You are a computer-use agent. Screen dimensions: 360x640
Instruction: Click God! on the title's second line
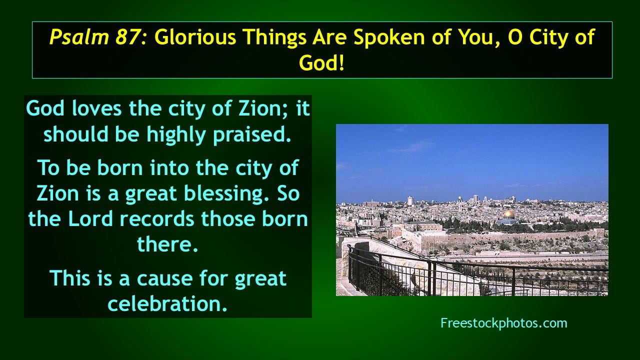pyautogui.click(x=322, y=63)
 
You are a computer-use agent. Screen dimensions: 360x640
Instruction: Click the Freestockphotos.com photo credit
pyautogui.click(x=503, y=323)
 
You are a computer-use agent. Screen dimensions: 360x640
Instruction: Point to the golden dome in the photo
pyautogui.click(x=508, y=214)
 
